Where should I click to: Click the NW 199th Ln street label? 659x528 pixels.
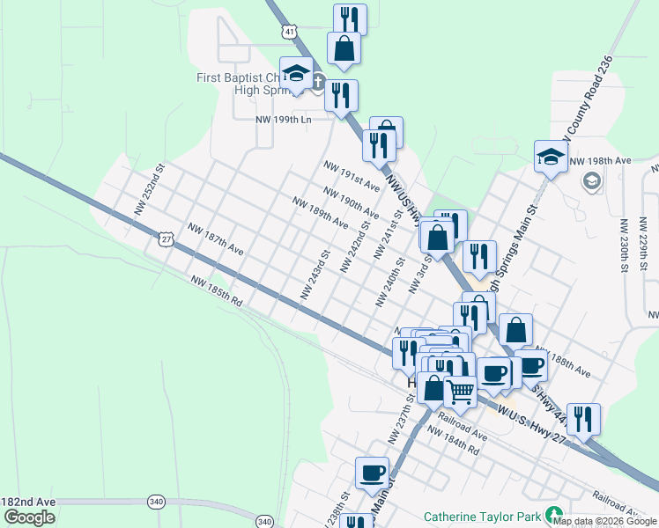tap(284, 120)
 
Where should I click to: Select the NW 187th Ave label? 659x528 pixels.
tap(215, 238)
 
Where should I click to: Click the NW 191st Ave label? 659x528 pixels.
tap(351, 176)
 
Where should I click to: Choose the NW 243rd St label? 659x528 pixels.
tap(315, 275)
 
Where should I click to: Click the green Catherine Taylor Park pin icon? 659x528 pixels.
tap(554, 514)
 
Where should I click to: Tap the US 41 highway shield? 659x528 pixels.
tap(290, 32)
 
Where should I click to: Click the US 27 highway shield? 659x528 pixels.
tap(167, 238)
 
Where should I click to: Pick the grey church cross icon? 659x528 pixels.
tap(318, 85)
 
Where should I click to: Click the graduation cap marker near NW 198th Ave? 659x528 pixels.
tap(551, 158)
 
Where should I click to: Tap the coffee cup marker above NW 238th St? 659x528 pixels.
tap(372, 473)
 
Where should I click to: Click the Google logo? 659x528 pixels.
tap(29, 517)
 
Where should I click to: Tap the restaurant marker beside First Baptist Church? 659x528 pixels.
tap(341, 94)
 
